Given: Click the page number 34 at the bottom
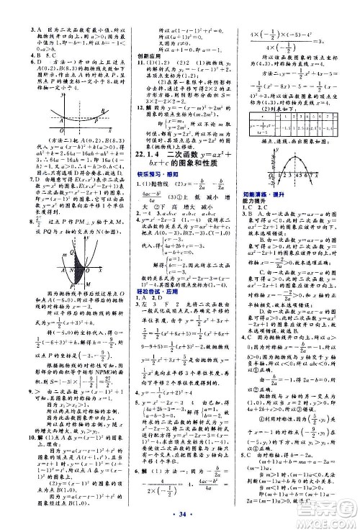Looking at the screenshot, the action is (x=180, y=519).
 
